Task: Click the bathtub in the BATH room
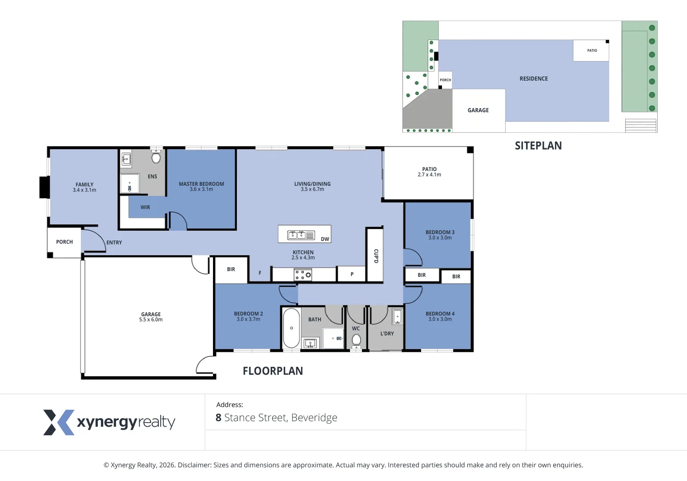291,328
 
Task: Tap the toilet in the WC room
356,340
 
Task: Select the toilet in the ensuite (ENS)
156,158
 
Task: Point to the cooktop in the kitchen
303,275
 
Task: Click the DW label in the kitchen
325,239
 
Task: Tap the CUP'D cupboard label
376,256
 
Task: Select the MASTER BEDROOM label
201,184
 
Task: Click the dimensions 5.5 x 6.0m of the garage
151,320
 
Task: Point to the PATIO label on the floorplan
429,169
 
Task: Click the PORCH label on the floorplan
64,242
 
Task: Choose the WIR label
145,208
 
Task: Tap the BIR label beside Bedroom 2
231,269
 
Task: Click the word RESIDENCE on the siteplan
534,79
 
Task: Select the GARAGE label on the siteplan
478,110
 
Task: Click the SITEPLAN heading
538,146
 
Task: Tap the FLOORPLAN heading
273,371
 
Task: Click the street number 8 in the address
218,418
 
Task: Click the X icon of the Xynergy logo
58,422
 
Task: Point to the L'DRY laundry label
387,334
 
